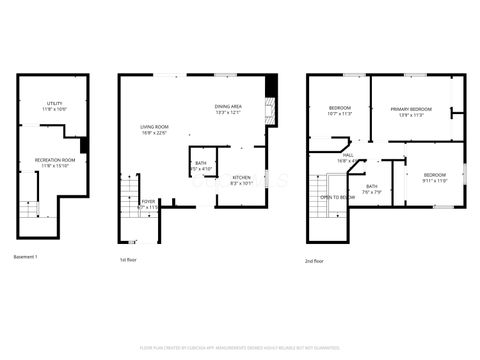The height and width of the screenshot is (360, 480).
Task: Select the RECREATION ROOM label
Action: point(55,161)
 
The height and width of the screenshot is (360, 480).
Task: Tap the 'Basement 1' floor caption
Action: point(26,258)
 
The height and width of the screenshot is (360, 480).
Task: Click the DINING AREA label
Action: point(229,109)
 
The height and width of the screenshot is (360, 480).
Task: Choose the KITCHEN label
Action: point(242,180)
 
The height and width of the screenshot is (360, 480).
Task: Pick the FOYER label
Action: point(148,204)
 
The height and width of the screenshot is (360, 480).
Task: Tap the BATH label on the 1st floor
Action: point(201,166)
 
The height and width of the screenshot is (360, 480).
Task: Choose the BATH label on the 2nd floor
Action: point(371,189)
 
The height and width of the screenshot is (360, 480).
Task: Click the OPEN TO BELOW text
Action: point(338,198)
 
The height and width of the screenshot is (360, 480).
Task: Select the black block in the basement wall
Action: point(84,146)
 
